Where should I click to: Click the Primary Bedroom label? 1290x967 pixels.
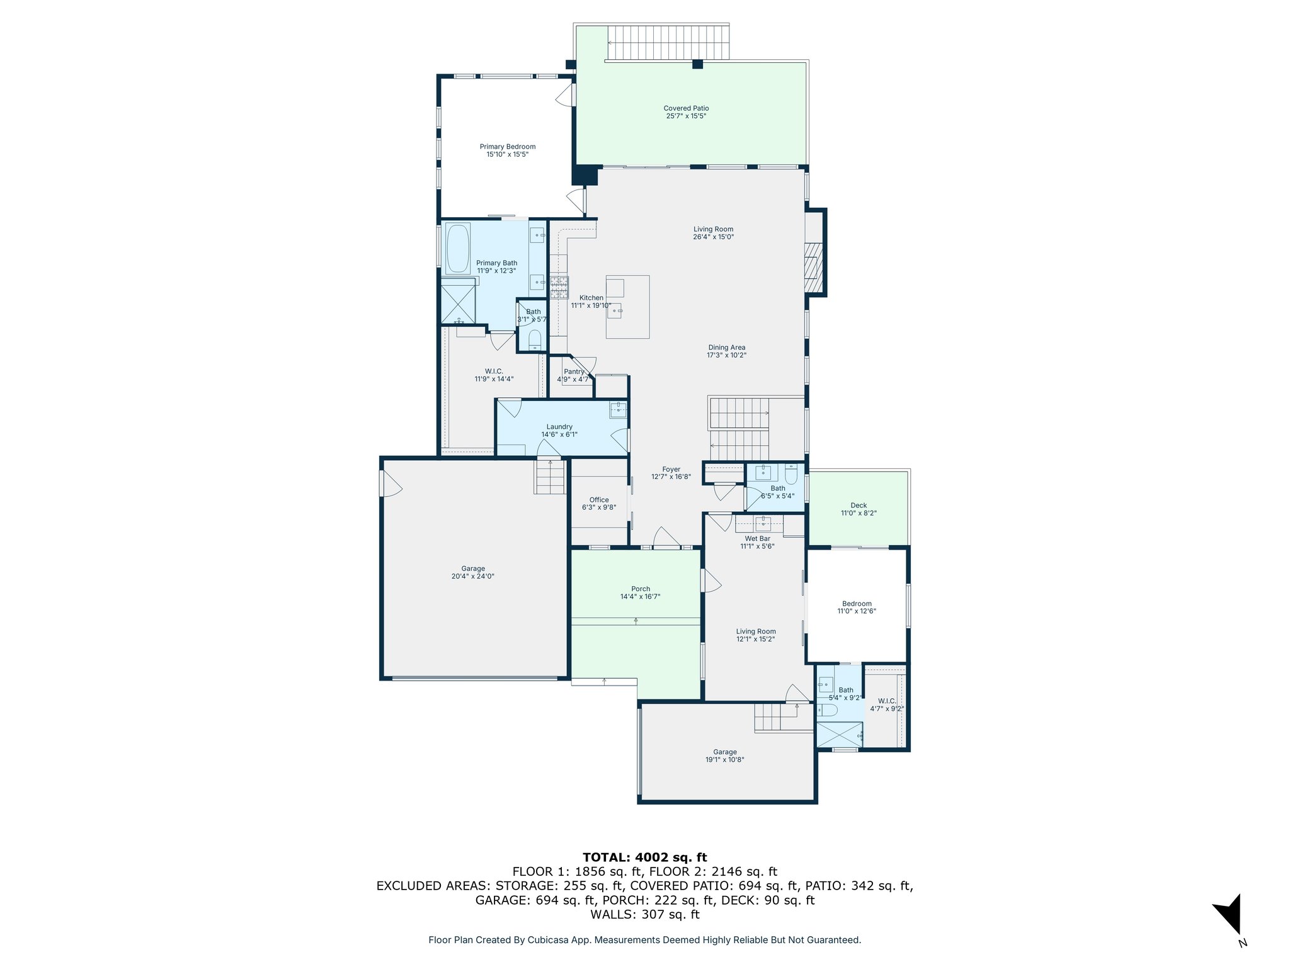tap(508, 147)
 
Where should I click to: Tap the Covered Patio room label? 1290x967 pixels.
tap(686, 108)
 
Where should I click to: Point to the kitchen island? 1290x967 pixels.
tap(627, 307)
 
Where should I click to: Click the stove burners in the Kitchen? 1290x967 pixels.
tap(559, 288)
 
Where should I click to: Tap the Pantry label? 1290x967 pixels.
tap(574, 371)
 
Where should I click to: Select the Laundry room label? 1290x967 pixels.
tap(559, 427)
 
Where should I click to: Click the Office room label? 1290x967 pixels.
tap(599, 500)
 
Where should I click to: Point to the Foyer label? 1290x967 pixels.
tap(671, 469)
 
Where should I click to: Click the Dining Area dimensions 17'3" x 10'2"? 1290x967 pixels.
tap(726, 355)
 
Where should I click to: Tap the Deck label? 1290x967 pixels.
tap(859, 506)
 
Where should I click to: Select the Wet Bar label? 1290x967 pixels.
tap(757, 539)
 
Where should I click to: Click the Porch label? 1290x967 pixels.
tap(641, 589)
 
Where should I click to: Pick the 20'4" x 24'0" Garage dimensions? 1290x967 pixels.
tap(472, 576)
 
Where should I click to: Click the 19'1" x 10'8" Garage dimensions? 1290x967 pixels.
tap(724, 760)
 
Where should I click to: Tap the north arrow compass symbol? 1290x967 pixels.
tap(1229, 917)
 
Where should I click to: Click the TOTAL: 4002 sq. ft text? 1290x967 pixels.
tap(644, 857)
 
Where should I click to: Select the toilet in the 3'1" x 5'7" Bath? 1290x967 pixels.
tap(534, 340)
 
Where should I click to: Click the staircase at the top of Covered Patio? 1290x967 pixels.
tap(668, 43)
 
